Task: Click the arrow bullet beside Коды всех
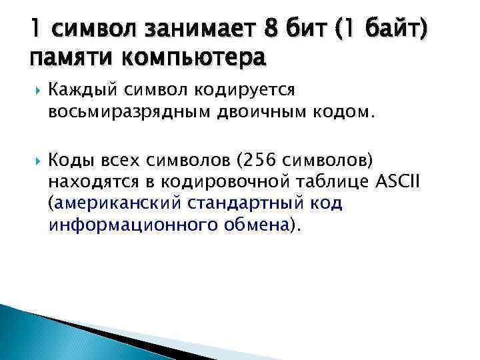(x=34, y=159)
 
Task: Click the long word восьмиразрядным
(x=125, y=112)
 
